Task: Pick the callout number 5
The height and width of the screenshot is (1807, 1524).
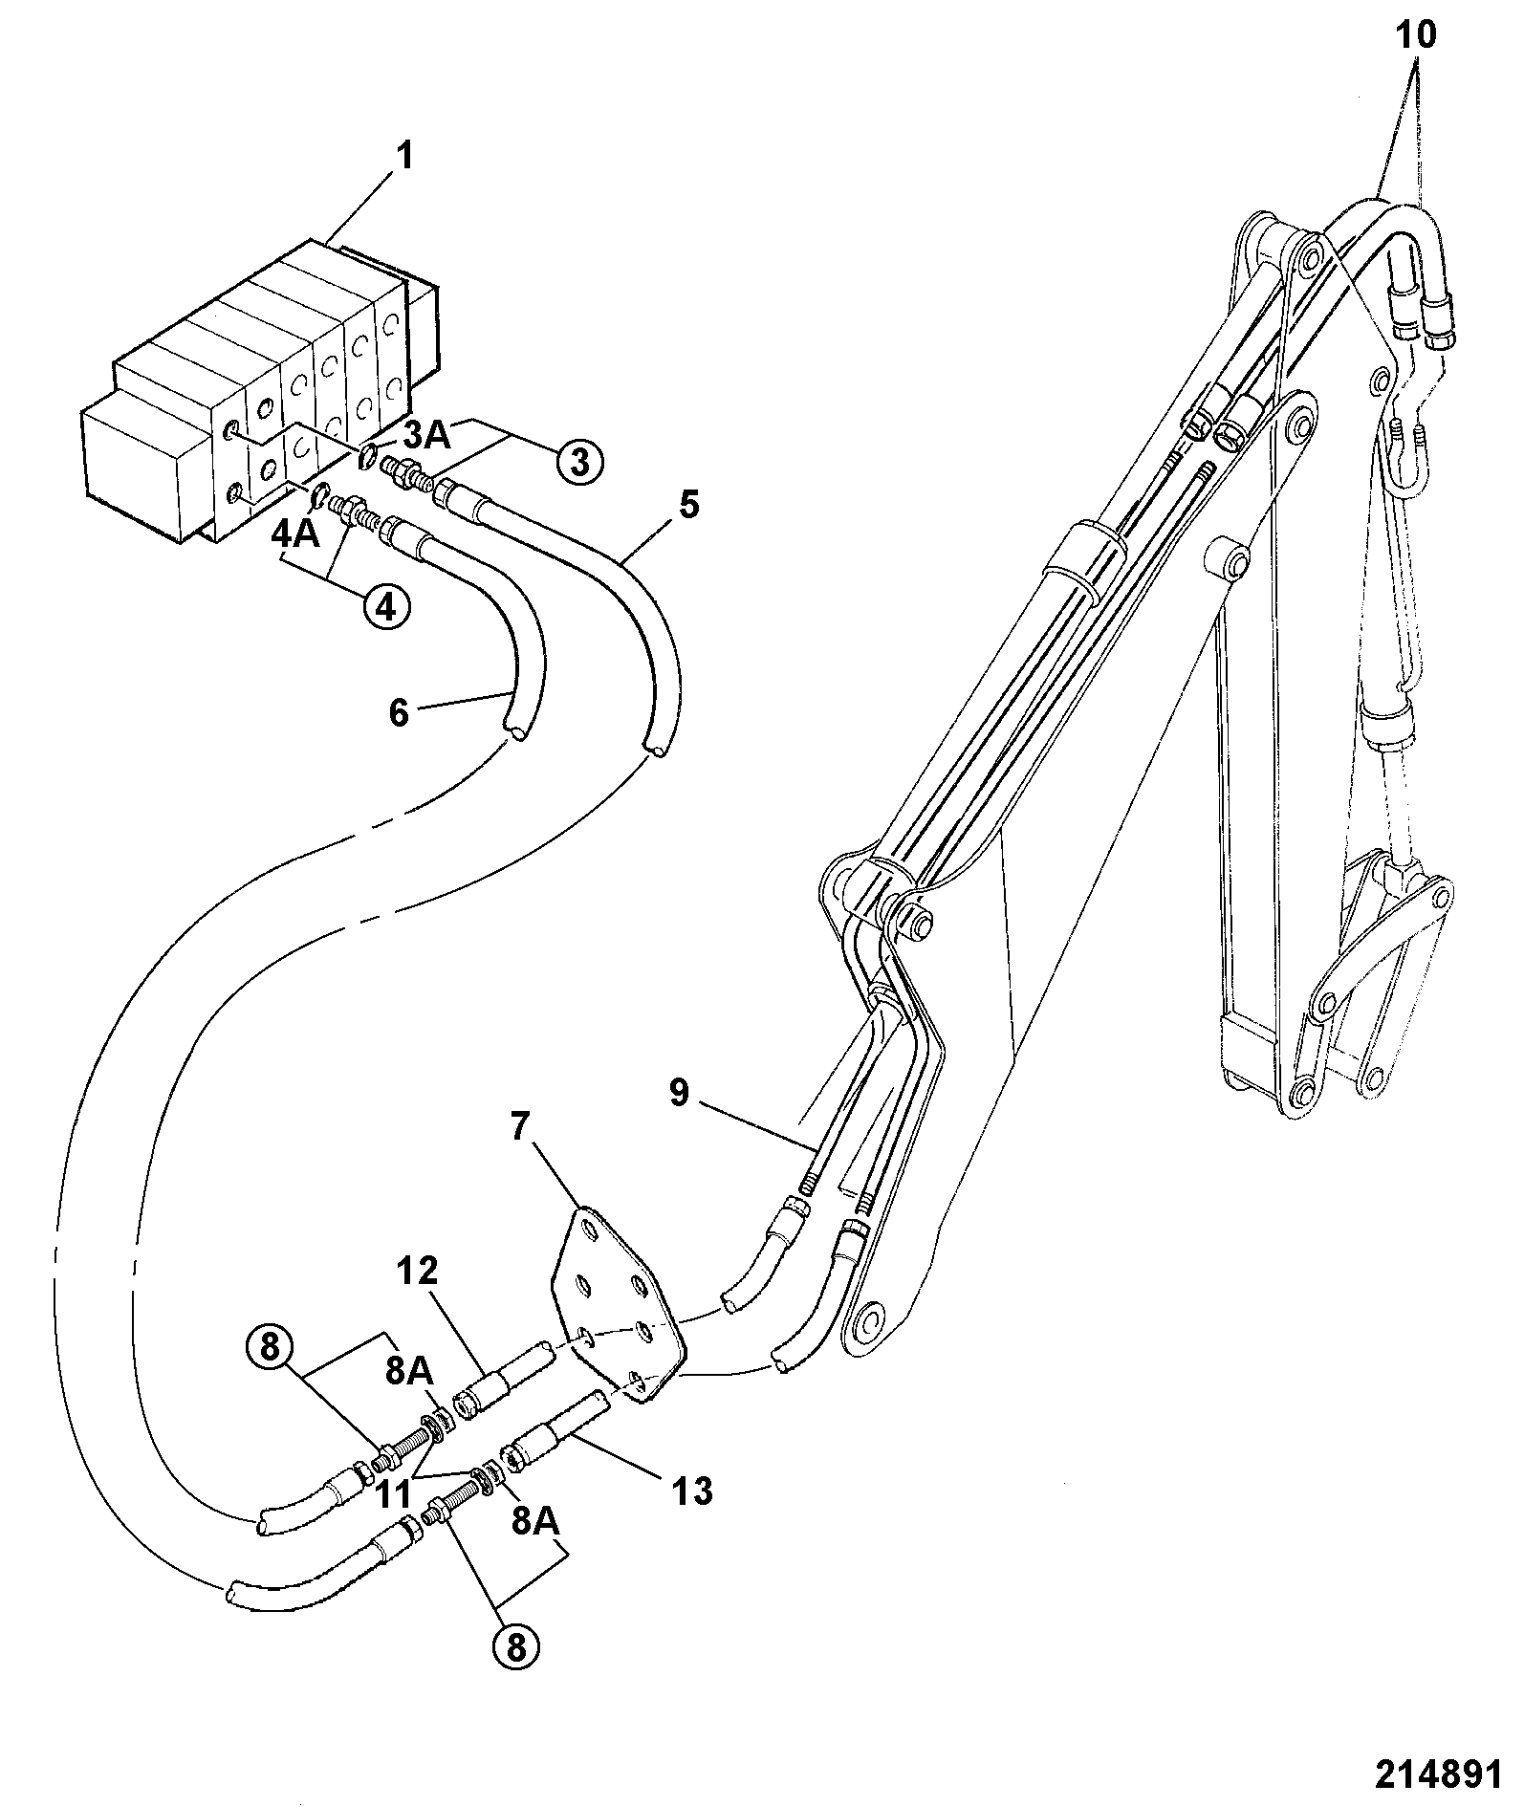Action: tap(688, 504)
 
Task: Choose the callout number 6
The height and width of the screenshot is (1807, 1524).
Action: tap(399, 712)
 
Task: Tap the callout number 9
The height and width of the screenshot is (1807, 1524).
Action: tap(678, 1092)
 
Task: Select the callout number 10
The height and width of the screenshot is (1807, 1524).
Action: tap(1416, 36)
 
